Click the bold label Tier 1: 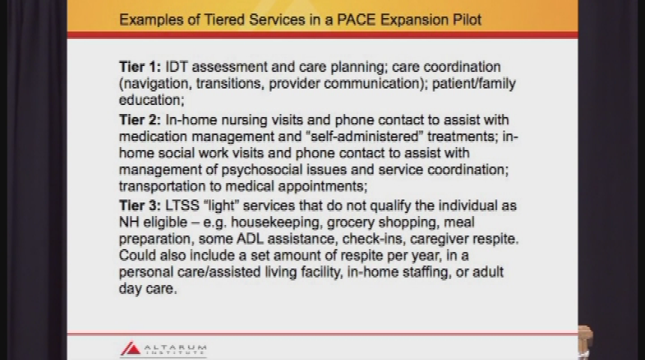(x=139, y=67)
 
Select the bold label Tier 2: (x=139, y=120)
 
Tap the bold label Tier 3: (x=139, y=205)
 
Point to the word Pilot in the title (x=462, y=19)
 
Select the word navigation (x=155, y=83)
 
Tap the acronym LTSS (x=183, y=205)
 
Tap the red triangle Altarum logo (x=130, y=349)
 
